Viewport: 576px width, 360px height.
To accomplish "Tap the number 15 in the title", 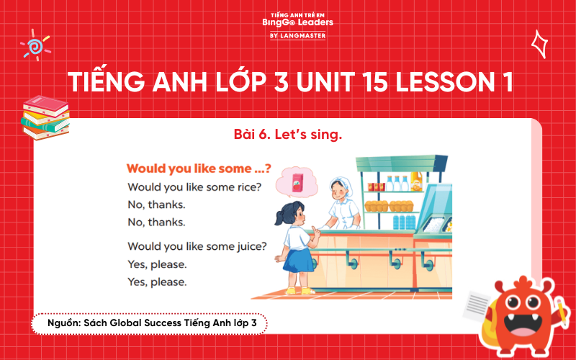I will coord(334,81).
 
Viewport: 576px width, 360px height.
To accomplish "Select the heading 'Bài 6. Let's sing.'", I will coord(287,135).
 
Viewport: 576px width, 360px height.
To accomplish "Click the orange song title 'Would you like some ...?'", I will coord(199,168).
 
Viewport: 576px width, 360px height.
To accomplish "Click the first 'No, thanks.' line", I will coord(156,204).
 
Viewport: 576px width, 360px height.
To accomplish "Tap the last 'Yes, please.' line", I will coord(157,282).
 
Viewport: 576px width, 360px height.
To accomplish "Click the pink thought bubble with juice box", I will coord(296,182).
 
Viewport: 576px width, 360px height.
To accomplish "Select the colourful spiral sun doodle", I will coord(35,45).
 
